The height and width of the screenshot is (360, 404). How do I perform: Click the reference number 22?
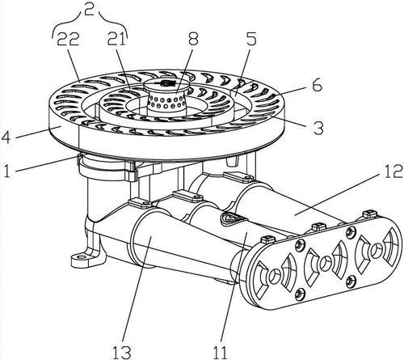[68, 40]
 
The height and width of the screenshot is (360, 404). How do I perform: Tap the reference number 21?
[117, 40]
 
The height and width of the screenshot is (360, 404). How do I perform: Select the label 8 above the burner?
[193, 39]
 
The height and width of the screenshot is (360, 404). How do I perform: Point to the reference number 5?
[251, 40]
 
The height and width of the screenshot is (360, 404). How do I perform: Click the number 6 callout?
[317, 85]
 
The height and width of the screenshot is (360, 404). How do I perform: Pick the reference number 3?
[318, 128]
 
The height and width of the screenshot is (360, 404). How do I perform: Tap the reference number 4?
[6, 137]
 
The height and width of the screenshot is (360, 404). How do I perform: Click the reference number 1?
[6, 171]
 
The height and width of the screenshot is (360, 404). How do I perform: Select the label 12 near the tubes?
[393, 172]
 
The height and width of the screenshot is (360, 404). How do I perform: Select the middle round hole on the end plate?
[326, 262]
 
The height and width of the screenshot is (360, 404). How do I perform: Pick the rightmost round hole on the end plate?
[377, 251]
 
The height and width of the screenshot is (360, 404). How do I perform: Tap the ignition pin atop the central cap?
[166, 83]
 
